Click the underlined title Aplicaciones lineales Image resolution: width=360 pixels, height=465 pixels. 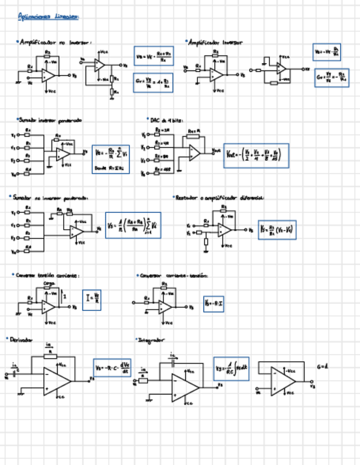49,17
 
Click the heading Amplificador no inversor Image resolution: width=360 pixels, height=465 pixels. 55,42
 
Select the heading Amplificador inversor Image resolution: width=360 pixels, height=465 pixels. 215,42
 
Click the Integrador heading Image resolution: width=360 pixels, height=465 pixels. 150,340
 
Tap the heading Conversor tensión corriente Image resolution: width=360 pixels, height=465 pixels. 47,275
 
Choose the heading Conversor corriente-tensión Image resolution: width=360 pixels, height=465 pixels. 173,275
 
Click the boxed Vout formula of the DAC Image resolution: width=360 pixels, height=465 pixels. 256,156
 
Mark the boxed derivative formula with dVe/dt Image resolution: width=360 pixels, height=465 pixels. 112,367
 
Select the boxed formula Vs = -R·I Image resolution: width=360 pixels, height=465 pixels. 213,303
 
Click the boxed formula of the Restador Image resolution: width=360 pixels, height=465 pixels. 278,230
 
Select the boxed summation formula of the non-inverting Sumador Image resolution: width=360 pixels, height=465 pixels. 133,225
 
